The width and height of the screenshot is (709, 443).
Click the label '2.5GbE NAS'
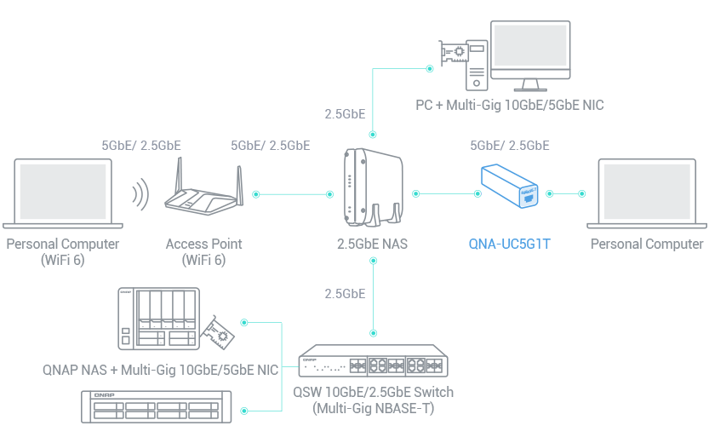(x=373, y=245)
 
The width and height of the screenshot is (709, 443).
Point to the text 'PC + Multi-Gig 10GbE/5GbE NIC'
(x=510, y=106)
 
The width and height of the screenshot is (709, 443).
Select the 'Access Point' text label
(x=204, y=244)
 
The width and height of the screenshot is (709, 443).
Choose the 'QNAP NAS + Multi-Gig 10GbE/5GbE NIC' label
(x=160, y=371)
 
